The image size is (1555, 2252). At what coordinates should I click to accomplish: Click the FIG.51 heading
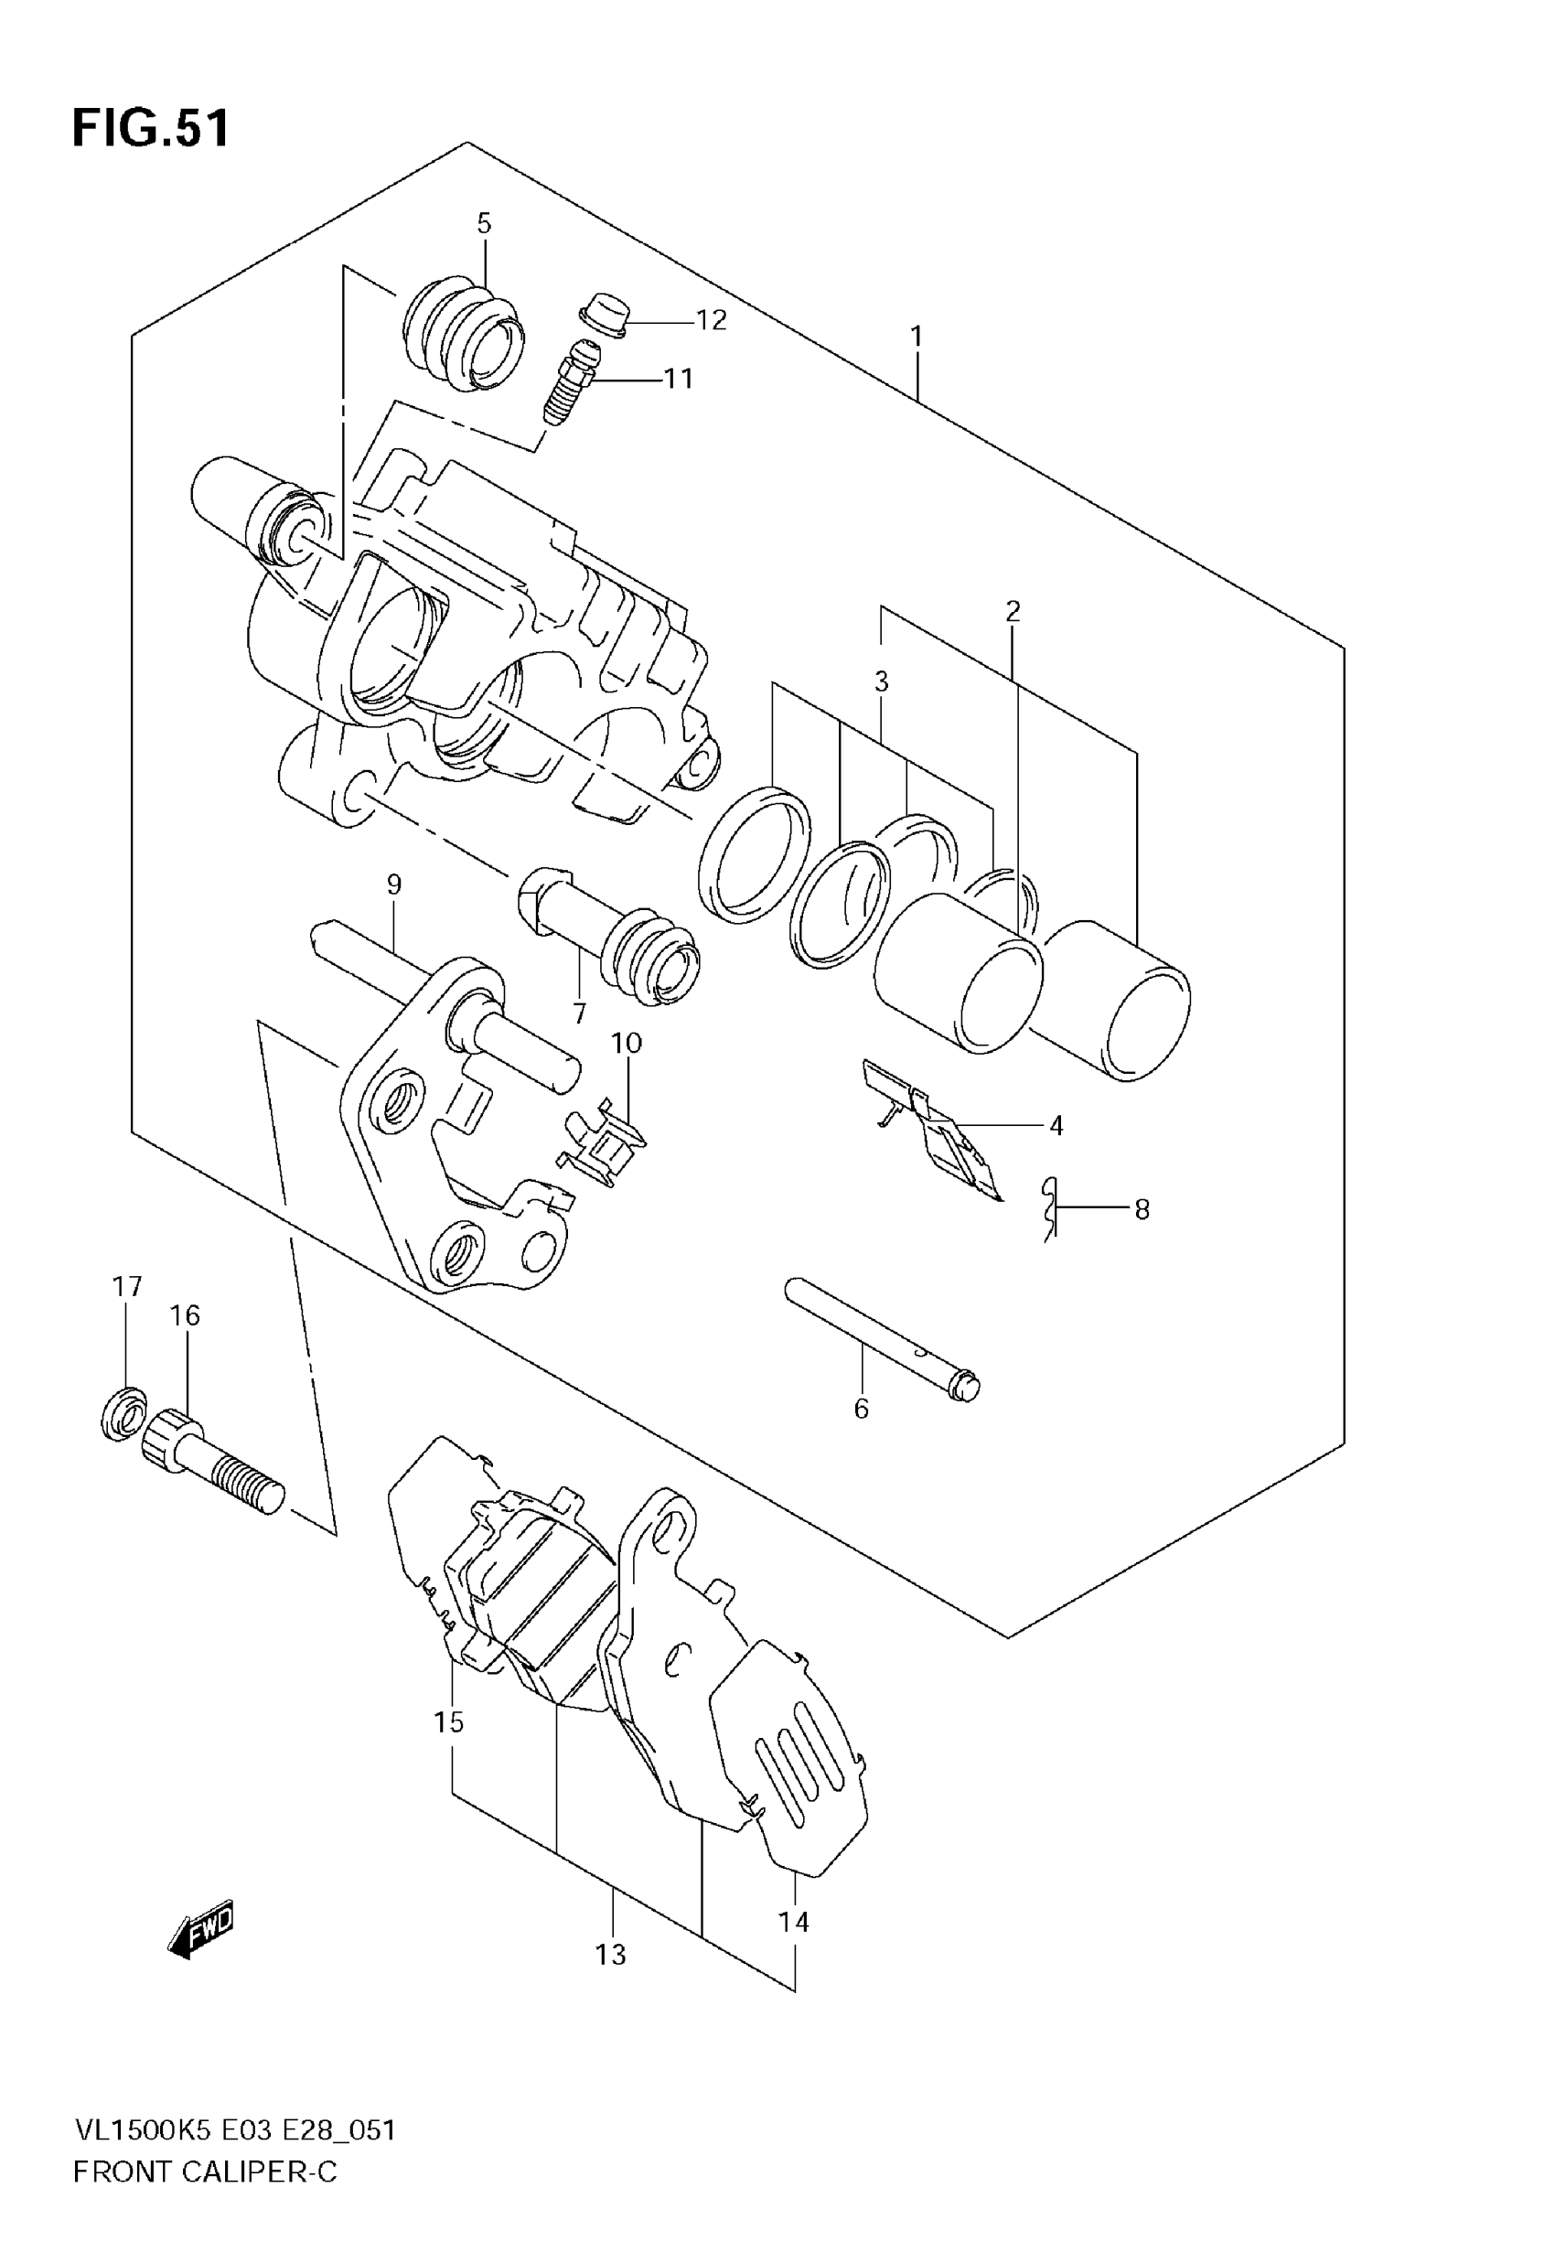[x=152, y=129]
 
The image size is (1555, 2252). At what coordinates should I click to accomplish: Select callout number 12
[x=712, y=320]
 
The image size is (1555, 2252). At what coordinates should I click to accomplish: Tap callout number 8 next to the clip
[x=1142, y=1210]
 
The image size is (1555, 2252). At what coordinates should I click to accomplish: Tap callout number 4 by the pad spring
[x=1056, y=1126]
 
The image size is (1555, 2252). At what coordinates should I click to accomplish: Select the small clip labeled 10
[x=602, y=1146]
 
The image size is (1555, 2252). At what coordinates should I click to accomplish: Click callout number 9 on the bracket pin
[x=393, y=885]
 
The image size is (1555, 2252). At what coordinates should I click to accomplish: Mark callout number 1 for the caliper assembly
[x=916, y=337]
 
